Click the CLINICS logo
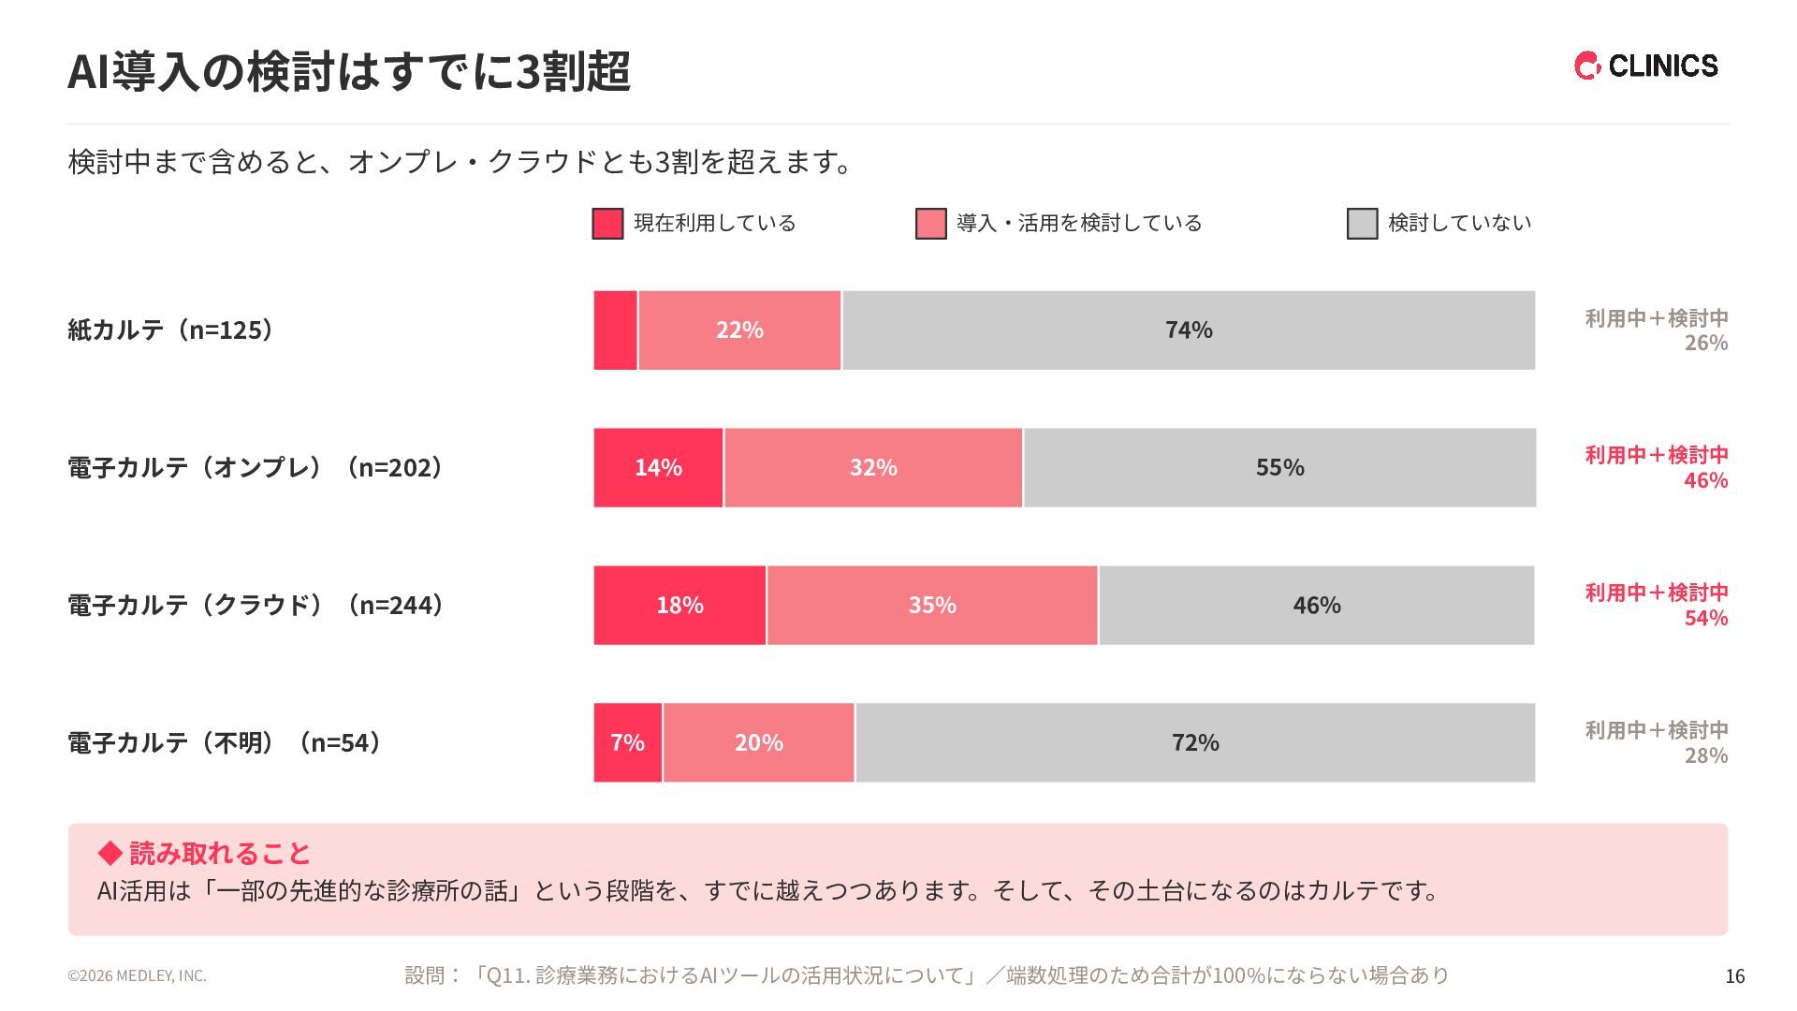[1645, 66]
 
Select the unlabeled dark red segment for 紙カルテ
[615, 330]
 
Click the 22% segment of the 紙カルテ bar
[739, 330]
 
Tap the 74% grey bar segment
[1189, 330]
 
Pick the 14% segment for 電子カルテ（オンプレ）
[658, 467]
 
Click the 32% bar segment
[873, 467]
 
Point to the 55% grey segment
[1280, 467]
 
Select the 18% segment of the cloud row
[679, 605]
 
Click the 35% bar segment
[932, 605]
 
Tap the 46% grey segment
[1317, 605]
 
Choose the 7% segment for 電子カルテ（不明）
[627, 742]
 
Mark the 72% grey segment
[1195, 742]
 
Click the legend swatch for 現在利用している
[607, 224]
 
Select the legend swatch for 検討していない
[1362, 224]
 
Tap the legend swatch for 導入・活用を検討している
[930, 224]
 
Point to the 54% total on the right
[1706, 618]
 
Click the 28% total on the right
[1706, 755]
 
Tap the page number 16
[1735, 976]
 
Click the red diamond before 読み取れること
[110, 853]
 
